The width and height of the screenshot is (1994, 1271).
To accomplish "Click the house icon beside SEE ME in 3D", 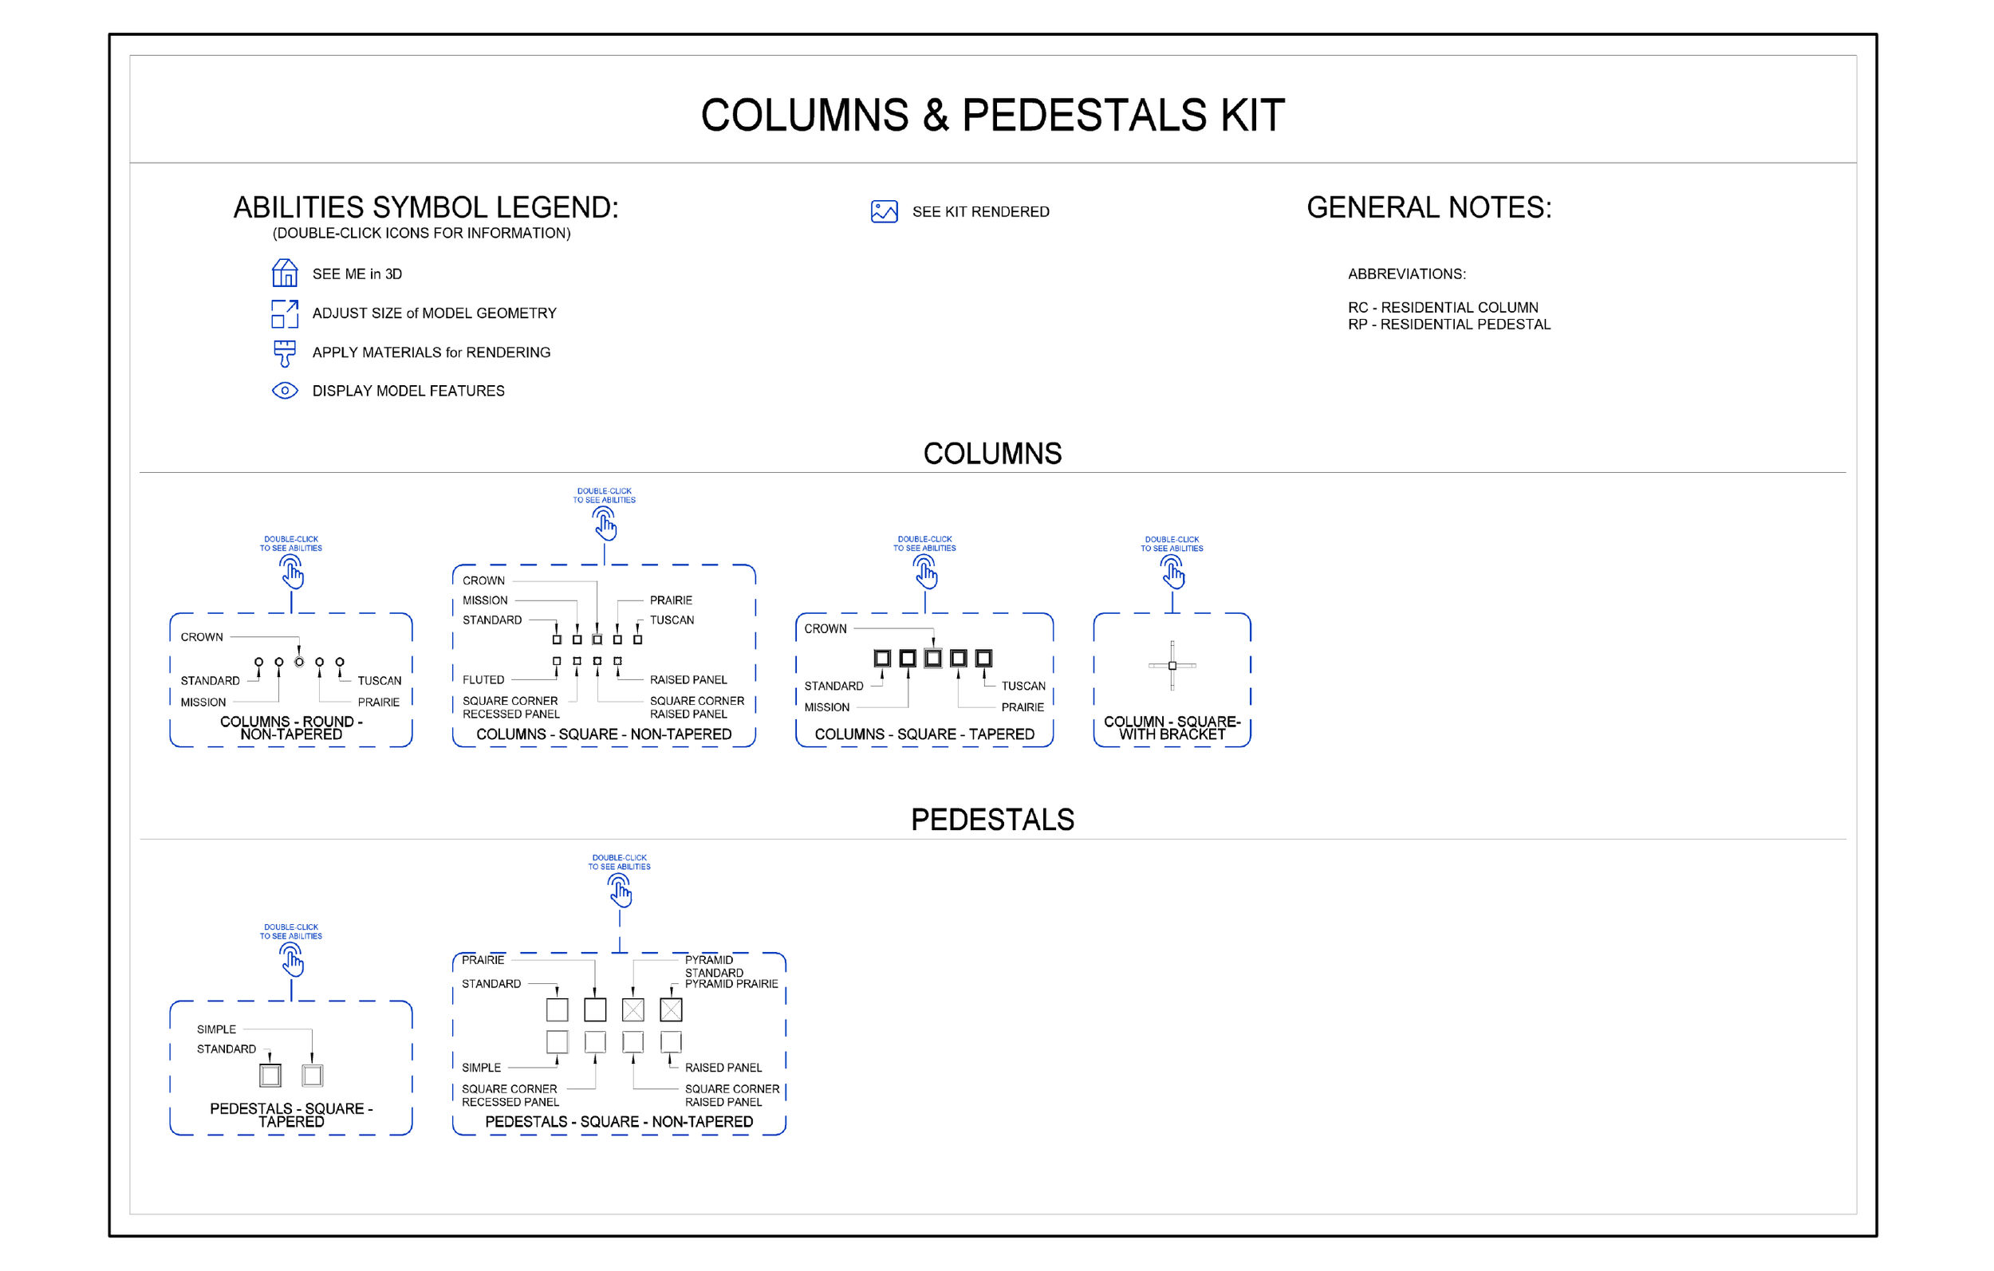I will pos(284,273).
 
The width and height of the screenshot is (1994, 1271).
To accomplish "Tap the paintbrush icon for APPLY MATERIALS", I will pos(284,352).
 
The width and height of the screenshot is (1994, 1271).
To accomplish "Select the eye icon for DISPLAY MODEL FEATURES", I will pos(284,391).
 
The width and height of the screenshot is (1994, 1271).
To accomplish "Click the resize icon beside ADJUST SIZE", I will pos(284,313).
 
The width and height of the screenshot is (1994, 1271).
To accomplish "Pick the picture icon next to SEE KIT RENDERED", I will pos(884,212).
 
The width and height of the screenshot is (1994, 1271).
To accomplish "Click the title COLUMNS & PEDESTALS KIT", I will pos(992,115).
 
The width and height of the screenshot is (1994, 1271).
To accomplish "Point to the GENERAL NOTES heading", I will pos(1429,208).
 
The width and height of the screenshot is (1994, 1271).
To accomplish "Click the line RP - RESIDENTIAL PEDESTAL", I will pos(1448,325).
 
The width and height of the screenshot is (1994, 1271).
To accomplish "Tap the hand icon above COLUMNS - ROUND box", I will pos(291,572).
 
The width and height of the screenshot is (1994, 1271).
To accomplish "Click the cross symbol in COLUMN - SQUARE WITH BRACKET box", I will pos(1172,666).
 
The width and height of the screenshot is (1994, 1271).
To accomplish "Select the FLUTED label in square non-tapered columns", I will pos(483,680).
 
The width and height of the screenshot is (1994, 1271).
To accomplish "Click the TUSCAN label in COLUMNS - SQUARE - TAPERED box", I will pos(1023,687).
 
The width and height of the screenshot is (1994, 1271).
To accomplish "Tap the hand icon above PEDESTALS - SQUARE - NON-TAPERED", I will pos(620,891).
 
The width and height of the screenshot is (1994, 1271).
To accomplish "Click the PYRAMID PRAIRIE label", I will pos(731,984).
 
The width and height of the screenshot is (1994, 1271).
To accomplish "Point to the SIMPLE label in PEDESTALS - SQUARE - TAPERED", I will pos(216,1029).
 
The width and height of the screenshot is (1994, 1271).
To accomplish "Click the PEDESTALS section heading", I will pos(992,820).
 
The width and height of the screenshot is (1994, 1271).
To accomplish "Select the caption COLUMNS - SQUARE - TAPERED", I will pos(924,734).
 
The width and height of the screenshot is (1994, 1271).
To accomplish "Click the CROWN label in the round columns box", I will pos(201,637).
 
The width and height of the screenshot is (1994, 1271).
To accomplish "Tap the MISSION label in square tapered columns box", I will pos(826,707).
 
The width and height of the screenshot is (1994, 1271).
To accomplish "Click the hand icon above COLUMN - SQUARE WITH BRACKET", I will pos(1172,572).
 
